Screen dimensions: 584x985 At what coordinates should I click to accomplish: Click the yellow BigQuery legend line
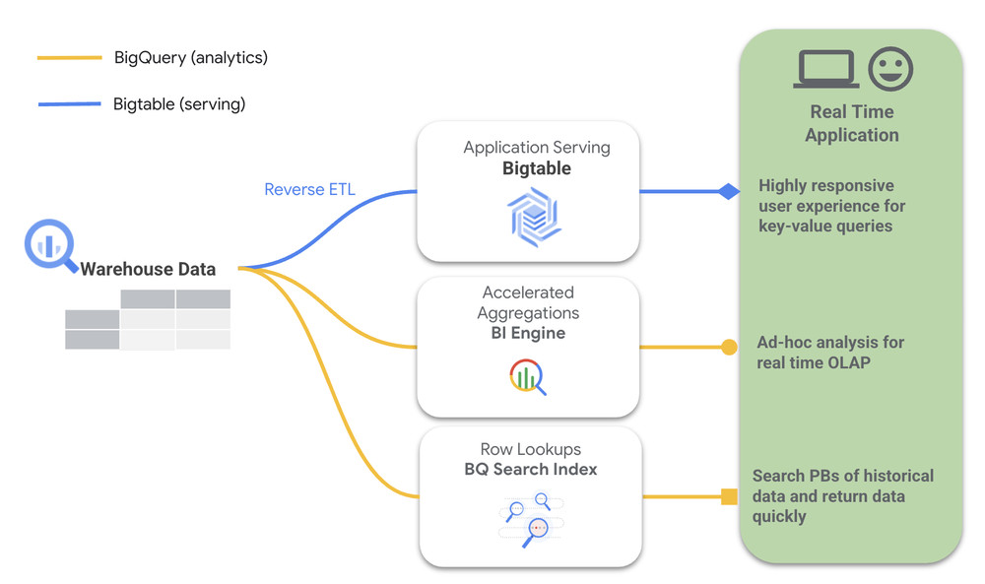coord(69,58)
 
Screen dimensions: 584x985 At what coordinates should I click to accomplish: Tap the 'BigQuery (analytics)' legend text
coord(190,58)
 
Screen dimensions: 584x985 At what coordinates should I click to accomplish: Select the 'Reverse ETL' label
coord(308,189)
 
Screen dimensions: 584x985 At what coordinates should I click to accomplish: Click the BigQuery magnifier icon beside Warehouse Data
coord(49,247)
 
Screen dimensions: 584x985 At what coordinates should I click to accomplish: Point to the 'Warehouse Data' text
coord(148,269)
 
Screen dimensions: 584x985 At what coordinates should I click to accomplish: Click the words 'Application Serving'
coord(537,148)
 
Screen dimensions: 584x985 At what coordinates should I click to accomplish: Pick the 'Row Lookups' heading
coord(531,449)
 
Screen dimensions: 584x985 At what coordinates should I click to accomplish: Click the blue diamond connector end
coord(728,191)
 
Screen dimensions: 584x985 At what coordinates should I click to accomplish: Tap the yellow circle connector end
coord(729,347)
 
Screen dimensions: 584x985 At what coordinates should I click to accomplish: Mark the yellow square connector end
coord(729,496)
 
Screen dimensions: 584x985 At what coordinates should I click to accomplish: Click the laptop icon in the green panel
coord(825,70)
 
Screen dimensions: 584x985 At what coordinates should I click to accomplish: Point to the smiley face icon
coord(890,69)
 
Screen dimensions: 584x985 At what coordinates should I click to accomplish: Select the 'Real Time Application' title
coord(851,124)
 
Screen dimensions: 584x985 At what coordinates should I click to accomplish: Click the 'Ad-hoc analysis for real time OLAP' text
coord(830,352)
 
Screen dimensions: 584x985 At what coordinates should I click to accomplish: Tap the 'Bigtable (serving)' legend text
coord(179,103)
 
